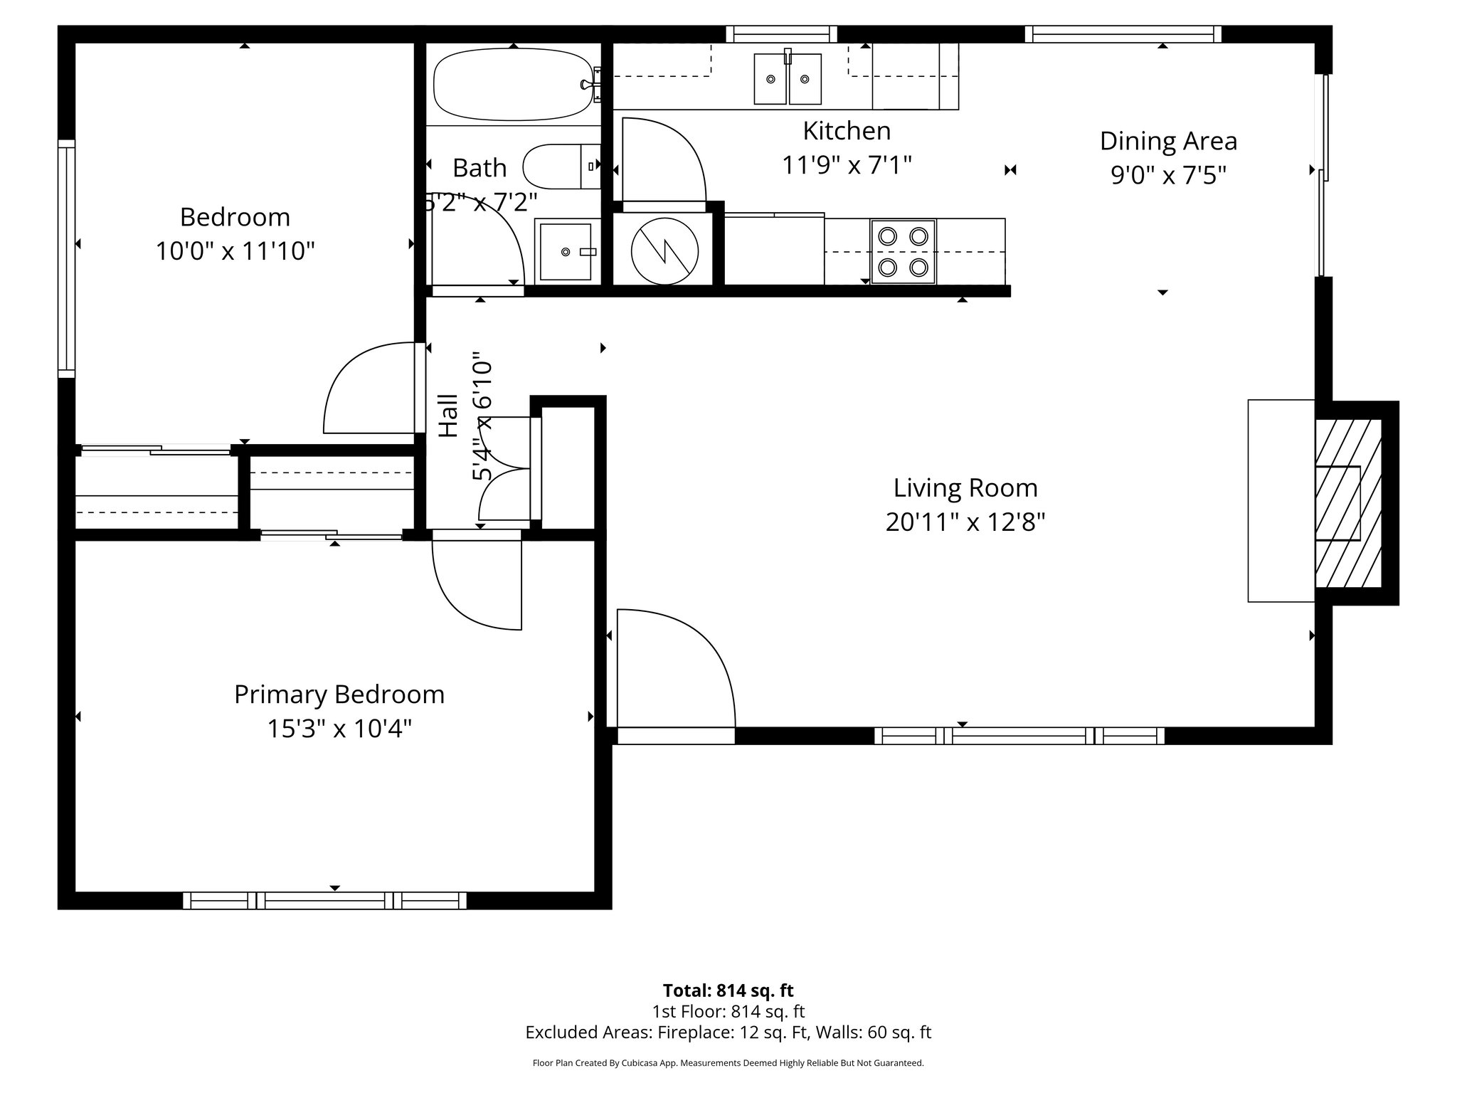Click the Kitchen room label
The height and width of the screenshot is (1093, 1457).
(x=846, y=131)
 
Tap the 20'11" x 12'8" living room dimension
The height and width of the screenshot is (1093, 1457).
(x=965, y=523)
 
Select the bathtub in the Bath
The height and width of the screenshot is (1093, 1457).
(x=513, y=83)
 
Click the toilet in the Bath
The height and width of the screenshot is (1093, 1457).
(x=561, y=167)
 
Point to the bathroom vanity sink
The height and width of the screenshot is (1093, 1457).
(x=566, y=252)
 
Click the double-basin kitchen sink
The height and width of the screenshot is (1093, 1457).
(x=788, y=78)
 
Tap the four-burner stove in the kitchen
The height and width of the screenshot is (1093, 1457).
(x=903, y=252)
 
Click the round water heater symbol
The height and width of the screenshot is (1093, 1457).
(x=664, y=250)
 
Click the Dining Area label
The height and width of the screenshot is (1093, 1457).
(x=1168, y=141)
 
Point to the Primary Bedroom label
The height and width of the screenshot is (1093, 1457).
(x=339, y=695)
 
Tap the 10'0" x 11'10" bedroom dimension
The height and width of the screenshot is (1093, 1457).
(x=235, y=251)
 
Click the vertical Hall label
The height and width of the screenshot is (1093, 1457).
(x=448, y=416)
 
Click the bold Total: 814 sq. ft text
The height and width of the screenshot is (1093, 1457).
(x=728, y=991)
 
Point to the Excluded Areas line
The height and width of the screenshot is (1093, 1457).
(x=728, y=1033)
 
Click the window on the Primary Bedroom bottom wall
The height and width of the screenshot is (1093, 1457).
(x=325, y=900)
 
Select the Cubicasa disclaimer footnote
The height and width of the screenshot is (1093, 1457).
(x=728, y=1063)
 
